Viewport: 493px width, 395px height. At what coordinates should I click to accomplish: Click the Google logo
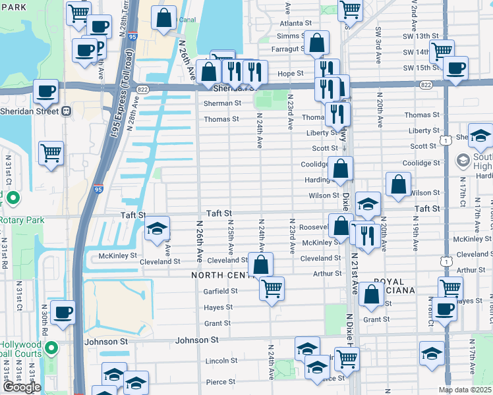pos(21,386)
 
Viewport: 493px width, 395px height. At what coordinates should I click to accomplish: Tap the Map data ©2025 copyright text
pos(465,390)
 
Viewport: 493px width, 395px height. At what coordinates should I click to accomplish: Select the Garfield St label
pos(220,290)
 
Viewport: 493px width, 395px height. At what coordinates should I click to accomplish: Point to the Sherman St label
pos(221,103)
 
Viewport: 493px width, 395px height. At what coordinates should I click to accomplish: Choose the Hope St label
pos(290,74)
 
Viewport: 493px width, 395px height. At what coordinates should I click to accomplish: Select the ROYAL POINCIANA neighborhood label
pos(389,288)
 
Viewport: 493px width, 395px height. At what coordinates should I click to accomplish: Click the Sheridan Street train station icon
pos(67,111)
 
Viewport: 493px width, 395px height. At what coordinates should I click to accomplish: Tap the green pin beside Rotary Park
pos(12,197)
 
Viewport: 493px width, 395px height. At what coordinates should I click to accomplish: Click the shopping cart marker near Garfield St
pos(272,288)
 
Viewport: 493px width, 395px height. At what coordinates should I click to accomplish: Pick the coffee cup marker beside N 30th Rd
pos(63,313)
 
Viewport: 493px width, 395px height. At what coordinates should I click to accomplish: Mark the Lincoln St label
pos(221,361)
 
